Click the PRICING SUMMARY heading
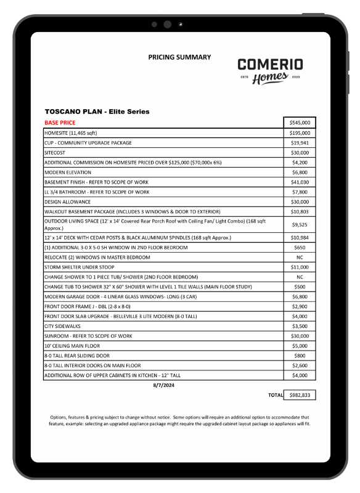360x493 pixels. [x=179, y=57]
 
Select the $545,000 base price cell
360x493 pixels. [x=300, y=123]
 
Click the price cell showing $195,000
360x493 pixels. [x=300, y=132]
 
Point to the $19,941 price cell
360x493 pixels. [x=300, y=142]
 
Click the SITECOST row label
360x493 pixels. [x=55, y=152]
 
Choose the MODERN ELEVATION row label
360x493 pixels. [x=68, y=172]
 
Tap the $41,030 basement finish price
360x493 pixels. [x=300, y=182]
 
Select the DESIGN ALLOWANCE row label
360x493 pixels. [x=67, y=202]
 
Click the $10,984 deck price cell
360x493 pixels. [x=300, y=237]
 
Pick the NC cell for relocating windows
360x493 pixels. [x=300, y=257]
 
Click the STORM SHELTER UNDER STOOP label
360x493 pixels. [x=81, y=267]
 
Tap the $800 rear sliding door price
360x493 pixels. [x=300, y=356]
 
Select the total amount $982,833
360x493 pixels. [x=300, y=395]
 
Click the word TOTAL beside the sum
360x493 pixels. [x=275, y=395]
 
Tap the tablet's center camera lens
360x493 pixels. [x=167, y=25]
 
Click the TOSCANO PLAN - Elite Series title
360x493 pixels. [x=97, y=112]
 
